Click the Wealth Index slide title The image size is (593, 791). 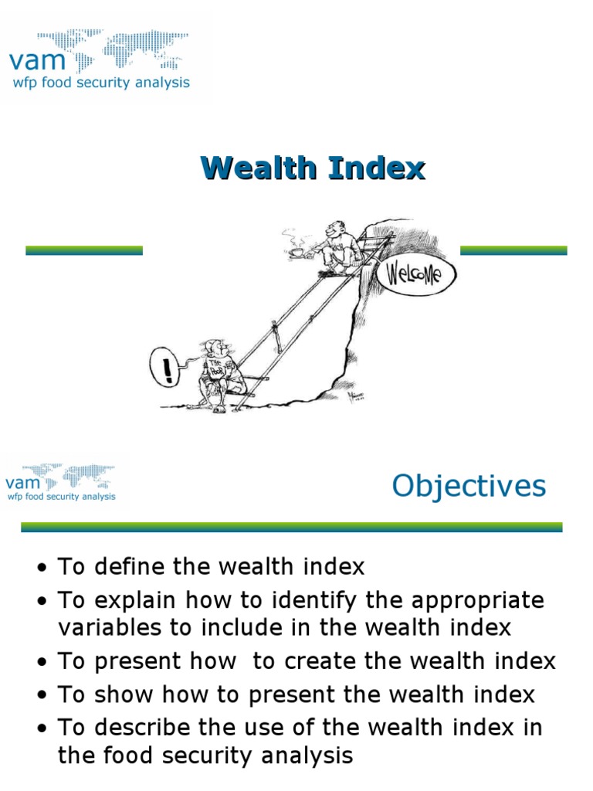pyautogui.click(x=313, y=168)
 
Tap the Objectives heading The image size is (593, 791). pyautogui.click(x=469, y=486)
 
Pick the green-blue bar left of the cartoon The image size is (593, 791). pyautogui.click(x=84, y=250)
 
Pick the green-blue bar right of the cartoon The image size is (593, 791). pyautogui.click(x=513, y=250)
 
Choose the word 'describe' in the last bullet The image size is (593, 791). pyautogui.click(x=141, y=728)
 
